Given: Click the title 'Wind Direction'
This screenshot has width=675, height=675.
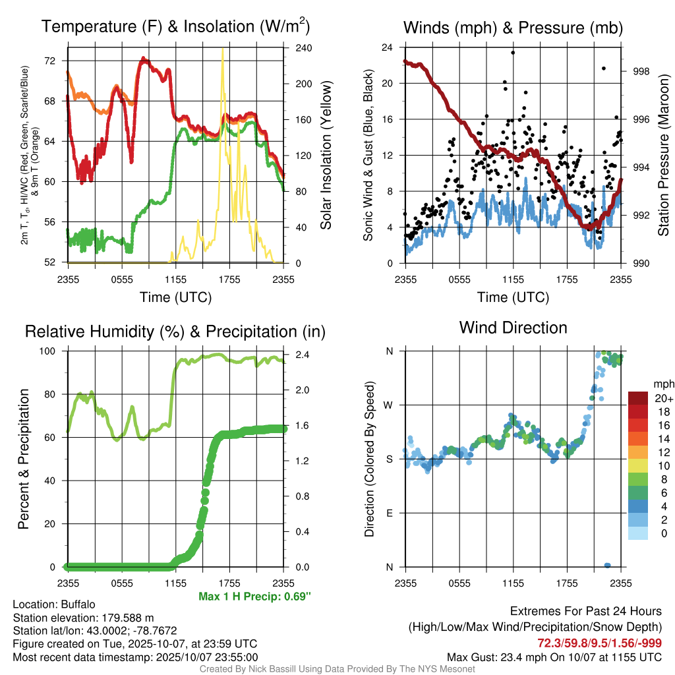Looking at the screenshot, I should (x=513, y=328).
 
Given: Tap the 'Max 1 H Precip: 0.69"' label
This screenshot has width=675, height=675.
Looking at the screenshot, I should (x=254, y=597).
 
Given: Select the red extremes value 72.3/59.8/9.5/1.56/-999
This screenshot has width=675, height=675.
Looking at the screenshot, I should (x=600, y=643).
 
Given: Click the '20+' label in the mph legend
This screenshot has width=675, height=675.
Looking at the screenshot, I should (x=663, y=398).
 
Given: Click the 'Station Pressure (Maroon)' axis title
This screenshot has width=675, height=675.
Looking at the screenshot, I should (x=663, y=155).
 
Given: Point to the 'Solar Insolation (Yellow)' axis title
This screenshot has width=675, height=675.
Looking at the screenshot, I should (x=326, y=155).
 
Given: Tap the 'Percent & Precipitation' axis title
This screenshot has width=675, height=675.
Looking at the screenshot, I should (x=24, y=459).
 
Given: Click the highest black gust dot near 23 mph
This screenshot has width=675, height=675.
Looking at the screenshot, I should (x=513, y=52).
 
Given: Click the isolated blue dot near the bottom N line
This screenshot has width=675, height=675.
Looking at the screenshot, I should (x=607, y=565).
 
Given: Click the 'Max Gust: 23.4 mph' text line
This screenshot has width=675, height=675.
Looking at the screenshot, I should (x=554, y=657).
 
